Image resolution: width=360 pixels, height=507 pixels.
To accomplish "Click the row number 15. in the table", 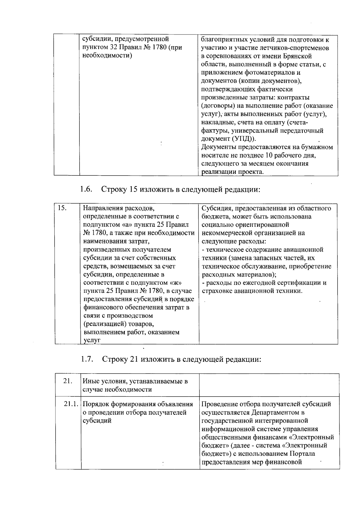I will pos(62,208).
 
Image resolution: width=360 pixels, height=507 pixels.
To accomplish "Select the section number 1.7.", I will pos(87,359).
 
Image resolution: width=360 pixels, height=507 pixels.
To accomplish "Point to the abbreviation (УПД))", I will pos(244,139).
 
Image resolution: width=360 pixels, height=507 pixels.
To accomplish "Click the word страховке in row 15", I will pos(216,291).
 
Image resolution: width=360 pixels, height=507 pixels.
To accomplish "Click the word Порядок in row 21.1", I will pos(96,404).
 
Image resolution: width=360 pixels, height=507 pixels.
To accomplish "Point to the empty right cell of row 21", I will pos(269,385).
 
